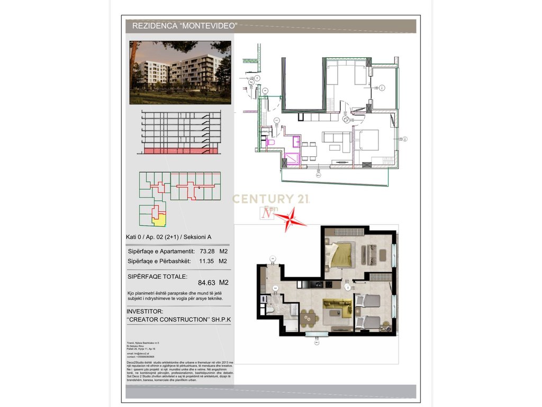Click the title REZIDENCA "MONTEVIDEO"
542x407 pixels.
[184, 25]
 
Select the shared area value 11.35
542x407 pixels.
[206, 261]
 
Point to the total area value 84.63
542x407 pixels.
[208, 282]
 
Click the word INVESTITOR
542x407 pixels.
[146, 312]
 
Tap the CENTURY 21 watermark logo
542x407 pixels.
[271, 199]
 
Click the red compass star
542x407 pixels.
[291, 219]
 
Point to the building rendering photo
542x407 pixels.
[180, 72]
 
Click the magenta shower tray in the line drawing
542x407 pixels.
[291, 158]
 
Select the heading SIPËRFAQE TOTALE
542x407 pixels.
[157, 276]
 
